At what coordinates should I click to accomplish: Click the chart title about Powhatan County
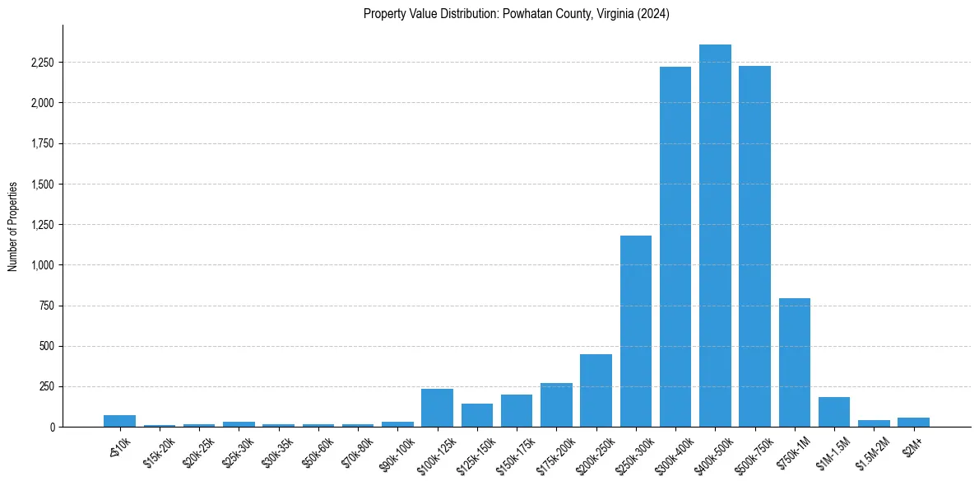pyautogui.click(x=517, y=14)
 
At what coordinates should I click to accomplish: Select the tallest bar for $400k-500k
pyautogui.click(x=715, y=236)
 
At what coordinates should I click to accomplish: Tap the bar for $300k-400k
pyautogui.click(x=675, y=247)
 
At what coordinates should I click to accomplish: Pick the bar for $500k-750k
pyautogui.click(x=754, y=246)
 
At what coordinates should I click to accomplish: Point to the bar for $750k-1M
pyautogui.click(x=795, y=362)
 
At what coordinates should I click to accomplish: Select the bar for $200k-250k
pyautogui.click(x=596, y=390)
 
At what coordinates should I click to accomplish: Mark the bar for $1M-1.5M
pyautogui.click(x=834, y=412)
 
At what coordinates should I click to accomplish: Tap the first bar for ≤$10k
pyautogui.click(x=120, y=421)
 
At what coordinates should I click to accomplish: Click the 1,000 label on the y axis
pyautogui.click(x=42, y=265)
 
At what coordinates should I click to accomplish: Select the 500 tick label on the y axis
pyautogui.click(x=45, y=346)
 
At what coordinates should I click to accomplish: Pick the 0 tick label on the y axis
pyautogui.click(x=51, y=427)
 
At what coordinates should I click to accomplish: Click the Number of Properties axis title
pyautogui.click(x=13, y=226)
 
